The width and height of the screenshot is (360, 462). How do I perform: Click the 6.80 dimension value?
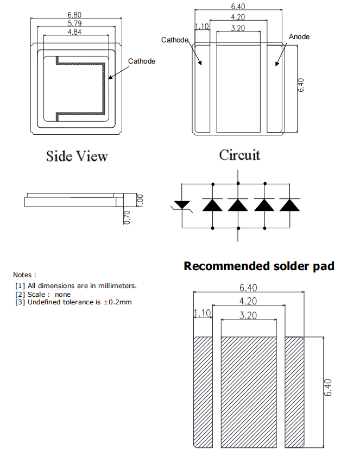point(75,14)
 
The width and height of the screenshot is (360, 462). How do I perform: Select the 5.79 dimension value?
point(75,24)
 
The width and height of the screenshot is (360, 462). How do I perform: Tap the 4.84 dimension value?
point(75,33)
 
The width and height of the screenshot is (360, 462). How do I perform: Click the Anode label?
point(299,36)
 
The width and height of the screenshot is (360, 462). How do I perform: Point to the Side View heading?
point(77,156)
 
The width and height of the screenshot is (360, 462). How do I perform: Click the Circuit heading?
point(239,155)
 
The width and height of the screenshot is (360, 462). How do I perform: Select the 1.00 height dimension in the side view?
point(140,199)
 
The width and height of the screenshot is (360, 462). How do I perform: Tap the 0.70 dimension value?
point(128,216)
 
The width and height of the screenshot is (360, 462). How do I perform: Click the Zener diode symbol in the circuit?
point(181,205)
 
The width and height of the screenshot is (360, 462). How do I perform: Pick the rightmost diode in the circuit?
point(290,205)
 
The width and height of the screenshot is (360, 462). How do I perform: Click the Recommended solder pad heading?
point(259,266)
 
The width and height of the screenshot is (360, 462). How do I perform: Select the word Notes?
point(24,275)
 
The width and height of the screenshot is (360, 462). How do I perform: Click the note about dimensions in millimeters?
point(75,285)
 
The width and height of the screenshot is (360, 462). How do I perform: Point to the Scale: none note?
point(43,294)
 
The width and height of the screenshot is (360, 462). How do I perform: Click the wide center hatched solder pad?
point(249,391)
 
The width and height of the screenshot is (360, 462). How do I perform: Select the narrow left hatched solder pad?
point(203,391)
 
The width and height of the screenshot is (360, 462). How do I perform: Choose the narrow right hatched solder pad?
point(295,391)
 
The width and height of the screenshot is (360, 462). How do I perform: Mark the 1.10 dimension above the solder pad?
point(202,314)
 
